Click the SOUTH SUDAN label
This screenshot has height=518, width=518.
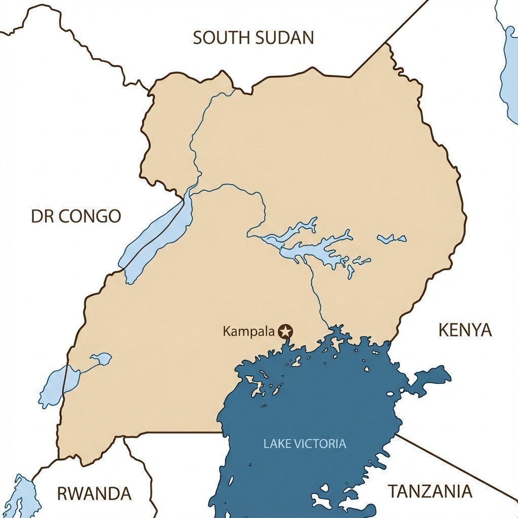point(253,38)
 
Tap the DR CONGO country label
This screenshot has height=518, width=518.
point(76,217)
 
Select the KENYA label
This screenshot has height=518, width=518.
point(464,330)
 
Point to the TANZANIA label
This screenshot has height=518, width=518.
point(430,491)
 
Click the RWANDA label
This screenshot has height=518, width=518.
point(94,493)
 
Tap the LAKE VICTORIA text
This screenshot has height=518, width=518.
point(305,444)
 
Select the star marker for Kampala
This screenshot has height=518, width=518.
point(286,331)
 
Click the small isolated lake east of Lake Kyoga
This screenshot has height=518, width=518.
point(392,238)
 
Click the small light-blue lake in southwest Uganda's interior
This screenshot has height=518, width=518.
point(101,359)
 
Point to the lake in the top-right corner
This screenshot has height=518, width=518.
point(508,66)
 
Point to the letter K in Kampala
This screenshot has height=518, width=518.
point(226,332)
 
